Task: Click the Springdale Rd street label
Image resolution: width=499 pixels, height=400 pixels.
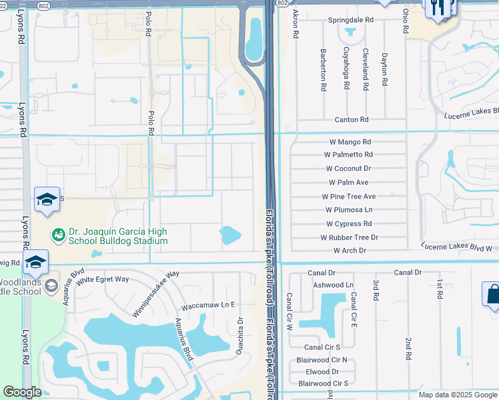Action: [x=350, y=21]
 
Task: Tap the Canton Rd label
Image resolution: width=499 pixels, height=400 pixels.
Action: [x=352, y=120]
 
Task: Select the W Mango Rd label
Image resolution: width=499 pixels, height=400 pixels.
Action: [x=350, y=142]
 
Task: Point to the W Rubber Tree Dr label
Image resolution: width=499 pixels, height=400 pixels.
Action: [x=349, y=237]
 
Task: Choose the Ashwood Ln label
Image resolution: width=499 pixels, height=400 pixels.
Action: [x=333, y=285]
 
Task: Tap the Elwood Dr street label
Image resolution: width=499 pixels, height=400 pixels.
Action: [x=322, y=371]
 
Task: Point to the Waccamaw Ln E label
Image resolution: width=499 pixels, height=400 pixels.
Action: [x=209, y=305]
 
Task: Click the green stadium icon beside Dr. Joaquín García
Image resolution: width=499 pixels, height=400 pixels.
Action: [x=59, y=235]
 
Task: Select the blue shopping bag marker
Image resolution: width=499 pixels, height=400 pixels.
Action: [x=492, y=294]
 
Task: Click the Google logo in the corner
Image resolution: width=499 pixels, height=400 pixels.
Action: [x=23, y=392]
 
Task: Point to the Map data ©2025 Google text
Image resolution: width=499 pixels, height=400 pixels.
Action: [x=457, y=395]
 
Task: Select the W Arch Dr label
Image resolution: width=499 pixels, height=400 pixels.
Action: [x=350, y=251]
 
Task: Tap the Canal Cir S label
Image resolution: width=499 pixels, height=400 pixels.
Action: [x=323, y=347]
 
